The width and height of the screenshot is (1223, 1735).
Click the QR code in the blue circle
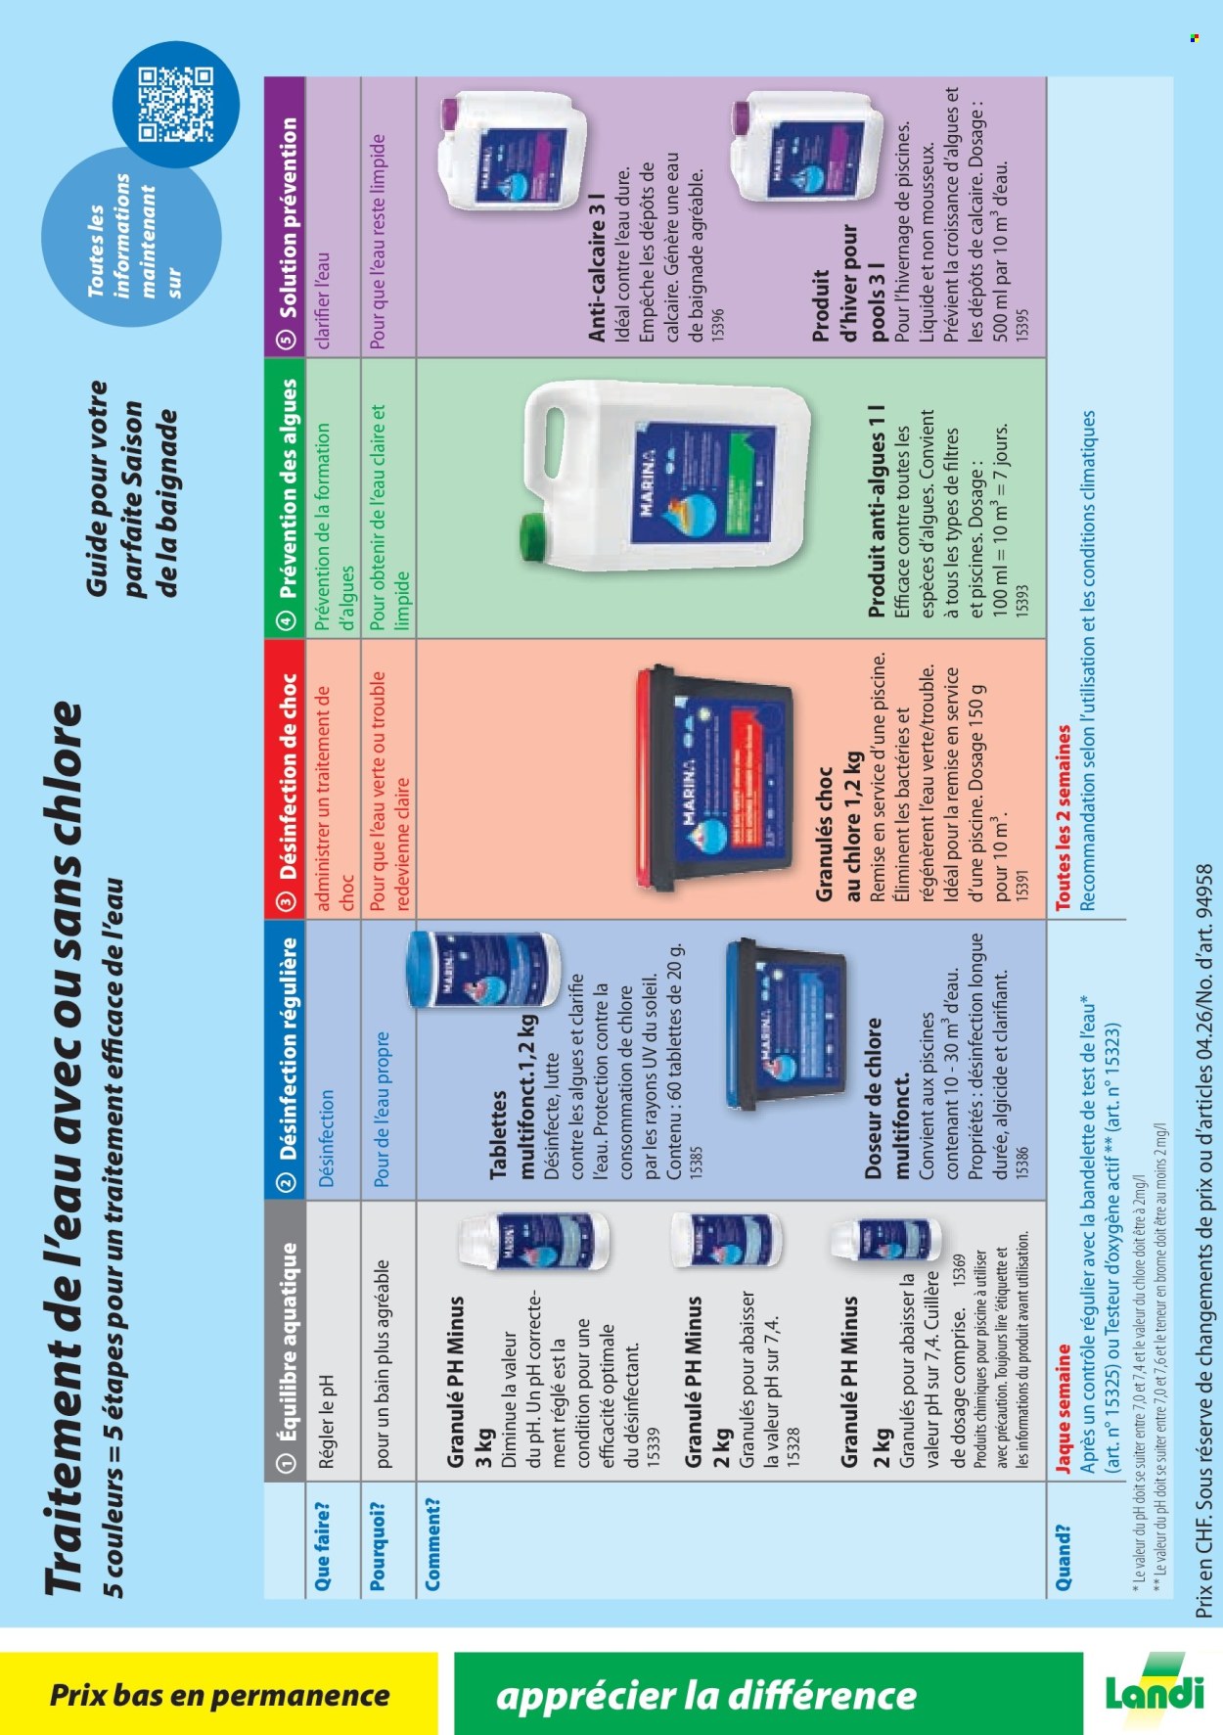176,104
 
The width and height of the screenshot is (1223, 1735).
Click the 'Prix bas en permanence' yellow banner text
220,1695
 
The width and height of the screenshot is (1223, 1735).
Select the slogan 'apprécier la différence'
705,1695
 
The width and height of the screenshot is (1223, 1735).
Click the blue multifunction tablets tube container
483,969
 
